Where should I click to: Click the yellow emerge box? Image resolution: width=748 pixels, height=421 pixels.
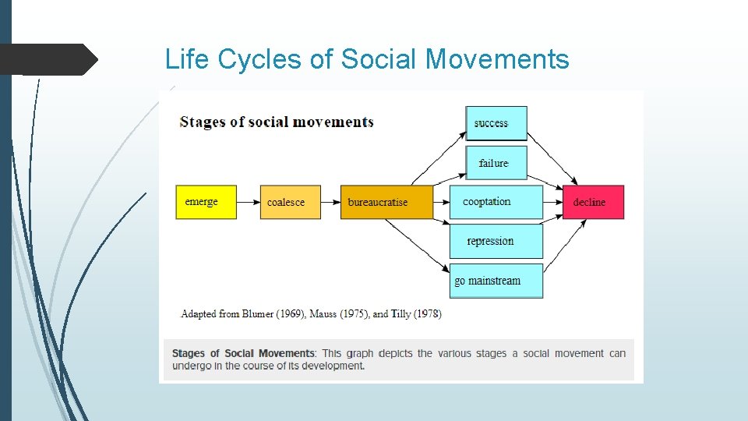(206, 202)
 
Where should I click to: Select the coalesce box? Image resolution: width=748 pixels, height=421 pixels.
(290, 202)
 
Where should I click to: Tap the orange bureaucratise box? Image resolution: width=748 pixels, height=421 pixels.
(386, 202)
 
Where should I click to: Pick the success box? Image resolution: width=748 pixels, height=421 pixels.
(496, 123)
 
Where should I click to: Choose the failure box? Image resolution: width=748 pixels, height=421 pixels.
(496, 163)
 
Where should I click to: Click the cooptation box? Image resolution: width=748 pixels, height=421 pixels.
(496, 202)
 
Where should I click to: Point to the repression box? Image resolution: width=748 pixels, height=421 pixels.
(496, 241)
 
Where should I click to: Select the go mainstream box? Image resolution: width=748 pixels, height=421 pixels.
(496, 281)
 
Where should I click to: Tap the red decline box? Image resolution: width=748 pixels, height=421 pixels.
(593, 202)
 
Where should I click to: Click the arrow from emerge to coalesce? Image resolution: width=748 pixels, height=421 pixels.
(249, 202)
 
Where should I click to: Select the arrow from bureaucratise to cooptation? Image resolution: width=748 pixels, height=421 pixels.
(441, 202)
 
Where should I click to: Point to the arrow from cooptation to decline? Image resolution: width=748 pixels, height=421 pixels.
(552, 202)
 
